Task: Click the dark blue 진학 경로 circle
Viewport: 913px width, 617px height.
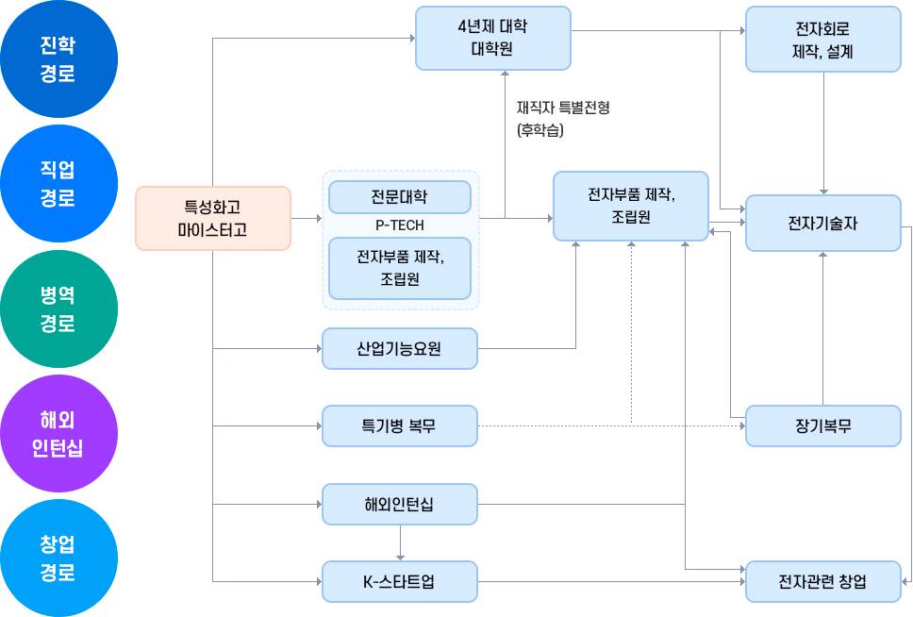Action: click(58, 59)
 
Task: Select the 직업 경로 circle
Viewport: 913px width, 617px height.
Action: click(58, 184)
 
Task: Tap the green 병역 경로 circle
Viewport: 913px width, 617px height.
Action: click(58, 309)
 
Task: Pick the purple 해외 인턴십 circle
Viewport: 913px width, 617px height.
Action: click(58, 433)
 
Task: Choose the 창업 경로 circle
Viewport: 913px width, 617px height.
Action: click(58, 559)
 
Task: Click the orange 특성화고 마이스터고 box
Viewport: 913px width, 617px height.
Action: click(212, 218)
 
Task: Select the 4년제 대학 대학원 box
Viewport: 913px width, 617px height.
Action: click(492, 38)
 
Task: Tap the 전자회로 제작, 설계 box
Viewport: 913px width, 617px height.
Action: click(822, 40)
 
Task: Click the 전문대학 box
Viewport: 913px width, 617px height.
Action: click(399, 197)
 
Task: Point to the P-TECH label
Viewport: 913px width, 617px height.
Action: click(399, 225)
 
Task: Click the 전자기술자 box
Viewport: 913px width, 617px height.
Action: click(822, 223)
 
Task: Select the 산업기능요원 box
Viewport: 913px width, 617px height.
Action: click(399, 348)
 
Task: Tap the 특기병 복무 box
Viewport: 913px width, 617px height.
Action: click(399, 425)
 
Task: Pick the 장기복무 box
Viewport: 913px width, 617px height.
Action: click(822, 425)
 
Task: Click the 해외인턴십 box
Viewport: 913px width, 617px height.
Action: click(399, 504)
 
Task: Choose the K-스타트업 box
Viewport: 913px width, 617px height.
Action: click(399, 581)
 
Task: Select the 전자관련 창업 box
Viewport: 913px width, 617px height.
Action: click(822, 581)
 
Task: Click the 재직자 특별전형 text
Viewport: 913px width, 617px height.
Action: click(563, 108)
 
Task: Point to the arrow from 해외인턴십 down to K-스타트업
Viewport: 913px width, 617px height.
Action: click(401, 543)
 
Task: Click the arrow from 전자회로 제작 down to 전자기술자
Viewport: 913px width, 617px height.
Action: click(824, 132)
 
